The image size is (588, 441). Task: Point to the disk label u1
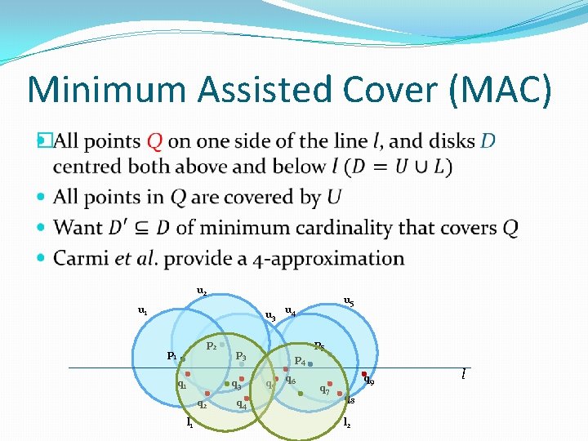coord(143,310)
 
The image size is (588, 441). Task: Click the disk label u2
coord(202,290)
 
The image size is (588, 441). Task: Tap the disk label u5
coord(349,301)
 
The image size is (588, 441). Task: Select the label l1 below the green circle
coord(189,423)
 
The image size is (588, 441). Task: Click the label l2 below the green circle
coord(347,423)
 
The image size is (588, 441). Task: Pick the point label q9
coord(369,381)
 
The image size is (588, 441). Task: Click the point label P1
coord(171,355)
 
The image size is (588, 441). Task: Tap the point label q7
coord(325,390)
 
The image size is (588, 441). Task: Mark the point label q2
coord(202,403)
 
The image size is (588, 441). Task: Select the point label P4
coord(300,360)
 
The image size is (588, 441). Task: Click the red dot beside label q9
coord(364,375)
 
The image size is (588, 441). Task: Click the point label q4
coord(241,403)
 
